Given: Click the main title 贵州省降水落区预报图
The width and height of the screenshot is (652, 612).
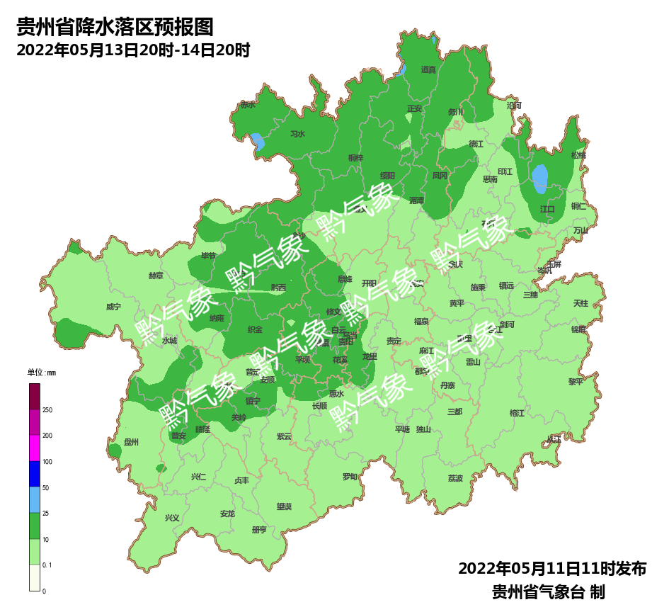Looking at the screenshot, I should coord(115,28).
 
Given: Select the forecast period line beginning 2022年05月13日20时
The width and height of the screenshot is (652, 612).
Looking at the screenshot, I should coord(133,50).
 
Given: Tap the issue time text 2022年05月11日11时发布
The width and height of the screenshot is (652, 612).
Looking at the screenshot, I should coord(551,569).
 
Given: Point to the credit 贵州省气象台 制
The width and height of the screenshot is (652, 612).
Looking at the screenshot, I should coord(547,592).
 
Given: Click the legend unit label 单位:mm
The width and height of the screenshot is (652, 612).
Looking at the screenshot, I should coord(41,373).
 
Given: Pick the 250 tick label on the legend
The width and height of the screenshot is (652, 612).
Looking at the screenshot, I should coord(47,410).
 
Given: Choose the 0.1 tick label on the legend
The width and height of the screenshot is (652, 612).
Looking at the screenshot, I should coord(47,565).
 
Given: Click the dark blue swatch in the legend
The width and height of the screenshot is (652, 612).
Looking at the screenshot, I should coord(35,474).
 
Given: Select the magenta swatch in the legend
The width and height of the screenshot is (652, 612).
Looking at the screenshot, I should coord(35,448).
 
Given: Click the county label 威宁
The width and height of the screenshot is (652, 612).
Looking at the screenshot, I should coord(113,307).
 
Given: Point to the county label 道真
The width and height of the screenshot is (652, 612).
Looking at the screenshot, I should coord(428,69).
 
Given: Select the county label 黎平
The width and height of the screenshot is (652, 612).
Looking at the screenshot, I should coord(576,381).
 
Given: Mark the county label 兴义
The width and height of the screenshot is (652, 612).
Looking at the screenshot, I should coord(172,518).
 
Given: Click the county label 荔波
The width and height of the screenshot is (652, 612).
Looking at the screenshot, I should coord(455,478).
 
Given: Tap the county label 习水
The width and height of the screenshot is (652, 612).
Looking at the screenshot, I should coord(297,134).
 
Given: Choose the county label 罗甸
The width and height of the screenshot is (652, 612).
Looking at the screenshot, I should coord(350,477).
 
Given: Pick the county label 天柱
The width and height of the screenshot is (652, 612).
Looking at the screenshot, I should coord(580,303).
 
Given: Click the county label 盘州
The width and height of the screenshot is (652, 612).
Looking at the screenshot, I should coord(132,442).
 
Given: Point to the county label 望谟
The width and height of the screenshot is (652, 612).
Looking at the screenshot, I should coord(284,506).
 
